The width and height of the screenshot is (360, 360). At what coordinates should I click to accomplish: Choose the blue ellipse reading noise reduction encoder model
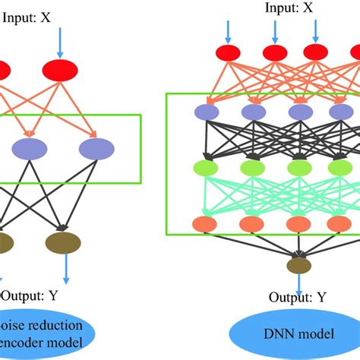coord(46,334)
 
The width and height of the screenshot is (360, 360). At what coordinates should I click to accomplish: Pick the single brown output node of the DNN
coord(298,265)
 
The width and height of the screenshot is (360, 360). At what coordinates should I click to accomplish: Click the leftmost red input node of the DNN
coord(228,53)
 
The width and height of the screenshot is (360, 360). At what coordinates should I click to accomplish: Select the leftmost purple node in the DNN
coord(207,112)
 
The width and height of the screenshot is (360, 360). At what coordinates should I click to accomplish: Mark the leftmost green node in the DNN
coord(207,168)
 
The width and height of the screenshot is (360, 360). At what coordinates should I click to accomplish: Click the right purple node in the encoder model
coord(97,148)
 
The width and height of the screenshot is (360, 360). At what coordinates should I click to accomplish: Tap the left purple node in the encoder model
coord(29,148)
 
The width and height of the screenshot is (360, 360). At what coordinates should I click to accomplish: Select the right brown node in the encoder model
coord(63,243)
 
